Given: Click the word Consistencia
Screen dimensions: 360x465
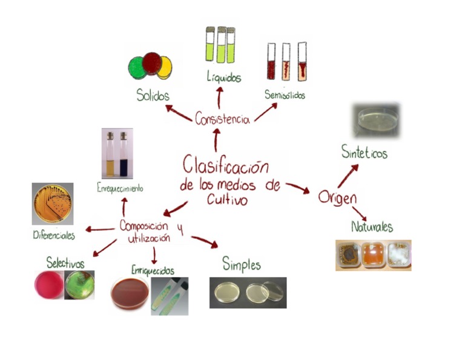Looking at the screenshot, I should [222, 118].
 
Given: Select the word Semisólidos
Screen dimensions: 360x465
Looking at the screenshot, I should [285, 95].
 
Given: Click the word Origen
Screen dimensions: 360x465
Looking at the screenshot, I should [337, 198].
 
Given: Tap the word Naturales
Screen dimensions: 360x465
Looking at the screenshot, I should [372, 227].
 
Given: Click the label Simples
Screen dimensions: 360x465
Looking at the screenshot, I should [241, 264].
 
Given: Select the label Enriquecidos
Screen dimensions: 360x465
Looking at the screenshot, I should [153, 270].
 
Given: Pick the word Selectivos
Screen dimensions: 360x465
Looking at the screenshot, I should [65, 262].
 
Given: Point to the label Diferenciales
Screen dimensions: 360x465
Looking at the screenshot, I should [54, 235].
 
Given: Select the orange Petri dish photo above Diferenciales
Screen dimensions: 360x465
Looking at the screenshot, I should [53, 204].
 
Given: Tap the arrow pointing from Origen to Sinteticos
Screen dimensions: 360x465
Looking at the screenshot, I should [348, 176].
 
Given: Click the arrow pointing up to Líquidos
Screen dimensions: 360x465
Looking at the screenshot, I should [220, 96].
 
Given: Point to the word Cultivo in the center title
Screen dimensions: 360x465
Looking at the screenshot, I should [225, 199].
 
